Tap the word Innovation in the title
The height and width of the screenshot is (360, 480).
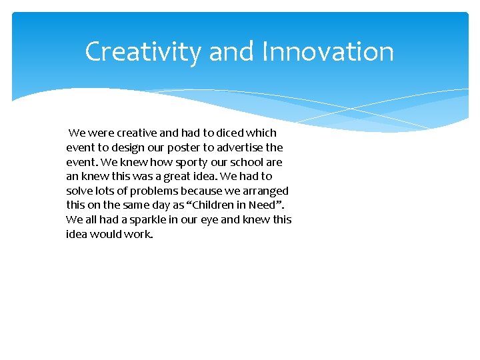[x=328, y=52]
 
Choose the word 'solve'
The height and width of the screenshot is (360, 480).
[x=79, y=191]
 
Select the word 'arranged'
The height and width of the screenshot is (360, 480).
[x=265, y=191]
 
